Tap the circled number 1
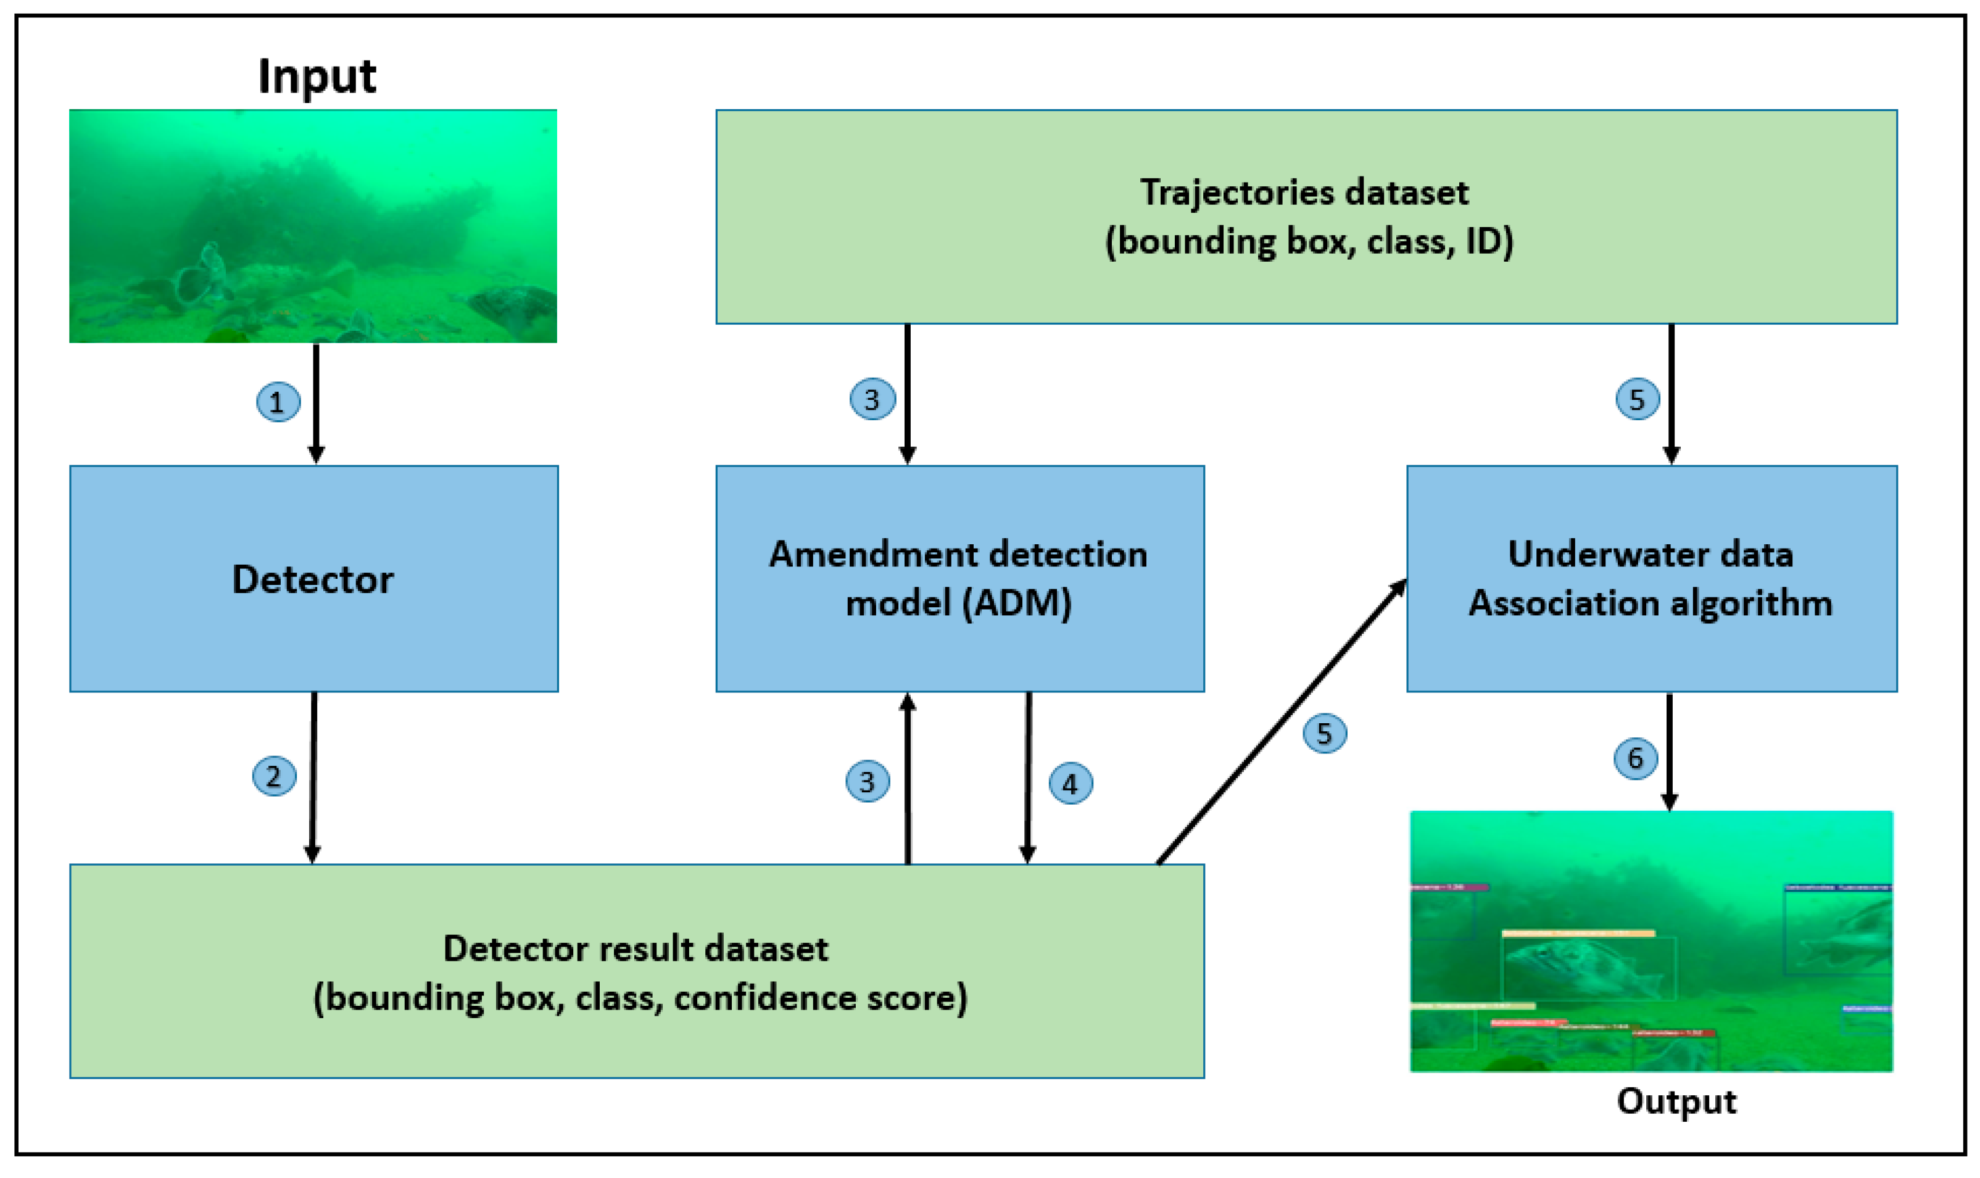pos(278,402)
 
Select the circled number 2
pos(274,776)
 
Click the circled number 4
pos(1071,784)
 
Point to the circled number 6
pos(1636,758)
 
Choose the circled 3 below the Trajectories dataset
pos(872,399)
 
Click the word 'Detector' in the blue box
pos(313,579)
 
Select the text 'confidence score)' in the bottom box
pos(821,998)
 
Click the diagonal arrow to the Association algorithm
pos(1282,723)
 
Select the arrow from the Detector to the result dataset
pos(313,778)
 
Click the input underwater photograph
pos(313,226)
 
